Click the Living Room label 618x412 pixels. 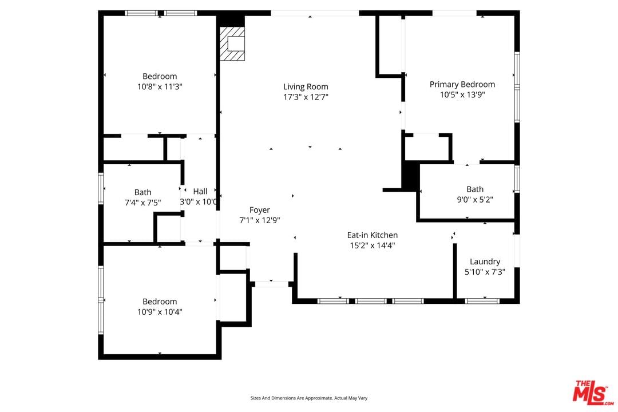coord(306,87)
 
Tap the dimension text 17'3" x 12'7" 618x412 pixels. coord(306,97)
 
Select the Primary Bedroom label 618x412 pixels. coord(462,84)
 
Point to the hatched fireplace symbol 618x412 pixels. coord(232,43)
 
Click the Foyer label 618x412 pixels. coord(259,210)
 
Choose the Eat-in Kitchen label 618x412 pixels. coord(372,235)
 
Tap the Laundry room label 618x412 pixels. coord(485,262)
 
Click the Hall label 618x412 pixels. coord(200,191)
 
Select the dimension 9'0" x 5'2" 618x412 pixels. coord(474,200)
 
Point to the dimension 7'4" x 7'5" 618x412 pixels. coord(142,203)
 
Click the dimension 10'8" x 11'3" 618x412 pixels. coord(160,87)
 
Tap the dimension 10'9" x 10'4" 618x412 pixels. coord(160,312)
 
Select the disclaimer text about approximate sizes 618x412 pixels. coord(308,398)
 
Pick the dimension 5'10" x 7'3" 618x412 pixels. coord(485,272)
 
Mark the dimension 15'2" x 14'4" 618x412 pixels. coord(372,245)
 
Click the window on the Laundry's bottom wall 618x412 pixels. coord(482,301)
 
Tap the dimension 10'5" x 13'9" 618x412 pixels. coord(462,94)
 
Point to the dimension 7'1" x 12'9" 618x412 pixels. coord(259,220)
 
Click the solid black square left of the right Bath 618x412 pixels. coord(410,177)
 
